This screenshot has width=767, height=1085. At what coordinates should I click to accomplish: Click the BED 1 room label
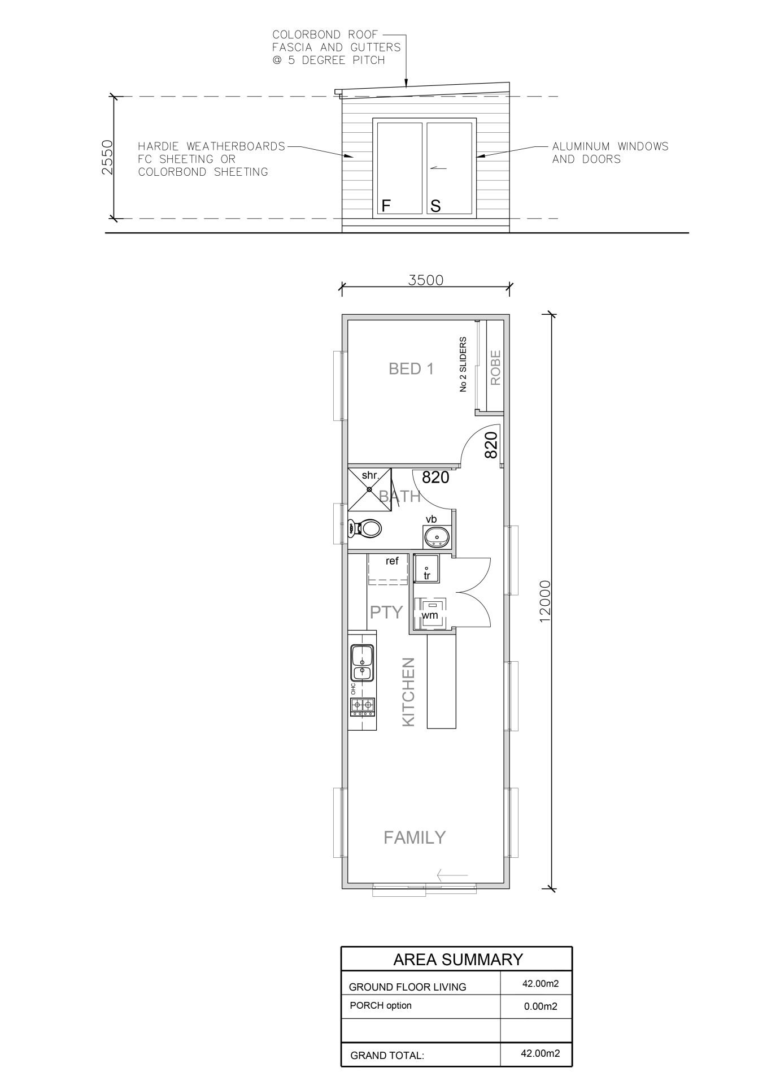[411, 369]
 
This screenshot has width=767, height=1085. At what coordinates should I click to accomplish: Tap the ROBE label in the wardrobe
[495, 368]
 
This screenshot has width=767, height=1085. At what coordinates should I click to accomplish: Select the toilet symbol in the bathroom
[365, 529]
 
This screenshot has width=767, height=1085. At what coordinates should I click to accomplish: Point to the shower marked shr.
[369, 488]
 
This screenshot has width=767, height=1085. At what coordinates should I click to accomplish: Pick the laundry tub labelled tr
[426, 568]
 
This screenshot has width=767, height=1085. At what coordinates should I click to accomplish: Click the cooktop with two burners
[363, 705]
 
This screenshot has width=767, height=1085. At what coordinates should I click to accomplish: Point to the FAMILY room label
[415, 837]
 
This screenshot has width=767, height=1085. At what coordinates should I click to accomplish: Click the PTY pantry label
[386, 612]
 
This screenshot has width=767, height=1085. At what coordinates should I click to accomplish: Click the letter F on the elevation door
[386, 206]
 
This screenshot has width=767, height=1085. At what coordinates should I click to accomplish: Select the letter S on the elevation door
[435, 206]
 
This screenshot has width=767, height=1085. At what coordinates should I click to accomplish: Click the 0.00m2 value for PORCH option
[541, 1006]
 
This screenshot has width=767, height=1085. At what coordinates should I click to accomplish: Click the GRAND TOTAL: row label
[387, 1055]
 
